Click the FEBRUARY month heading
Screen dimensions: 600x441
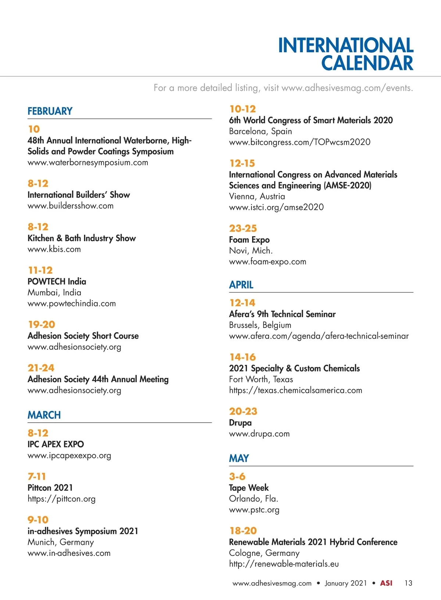(x=50, y=111)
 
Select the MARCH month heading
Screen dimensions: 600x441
(x=44, y=415)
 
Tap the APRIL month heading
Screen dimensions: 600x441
(x=241, y=285)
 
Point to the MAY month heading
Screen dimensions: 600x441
(x=239, y=458)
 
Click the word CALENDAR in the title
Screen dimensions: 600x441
(x=367, y=63)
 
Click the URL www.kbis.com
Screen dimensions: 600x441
(x=54, y=249)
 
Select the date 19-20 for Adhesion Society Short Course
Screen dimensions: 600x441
(x=42, y=324)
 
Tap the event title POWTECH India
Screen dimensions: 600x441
(x=57, y=281)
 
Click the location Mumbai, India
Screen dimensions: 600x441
(x=54, y=292)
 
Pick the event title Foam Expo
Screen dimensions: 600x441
(x=249, y=240)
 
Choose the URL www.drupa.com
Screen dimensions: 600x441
(x=259, y=434)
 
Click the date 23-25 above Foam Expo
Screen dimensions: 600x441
(x=243, y=228)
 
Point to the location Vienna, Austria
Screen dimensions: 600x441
(x=257, y=196)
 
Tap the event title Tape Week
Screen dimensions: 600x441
(x=249, y=488)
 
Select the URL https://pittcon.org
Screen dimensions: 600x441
(x=61, y=499)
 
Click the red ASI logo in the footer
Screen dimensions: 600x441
(x=386, y=583)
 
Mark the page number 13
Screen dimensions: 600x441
(x=408, y=583)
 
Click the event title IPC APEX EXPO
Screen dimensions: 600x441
(x=55, y=444)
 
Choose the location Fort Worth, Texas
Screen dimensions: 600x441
(x=261, y=379)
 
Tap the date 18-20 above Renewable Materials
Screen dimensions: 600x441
(x=243, y=531)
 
